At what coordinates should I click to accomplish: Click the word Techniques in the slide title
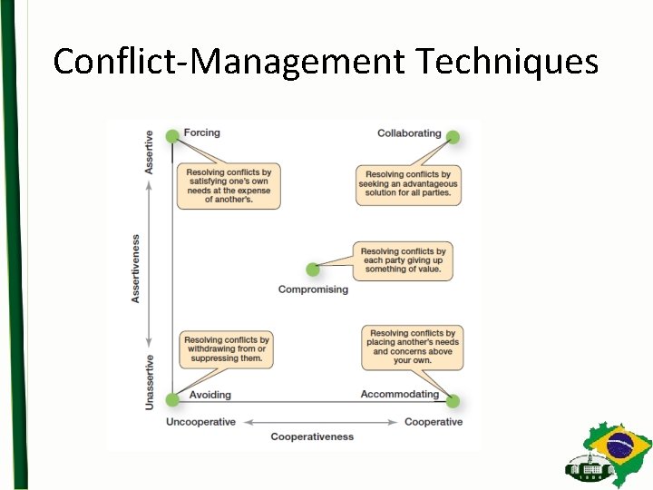pos(508,62)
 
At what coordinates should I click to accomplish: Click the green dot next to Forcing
pos(172,136)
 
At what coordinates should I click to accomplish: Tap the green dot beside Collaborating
pos(453,138)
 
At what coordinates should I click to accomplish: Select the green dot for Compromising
pos(313,269)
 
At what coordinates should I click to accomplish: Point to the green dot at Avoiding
pos(172,400)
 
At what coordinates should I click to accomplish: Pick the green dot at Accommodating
pos(453,401)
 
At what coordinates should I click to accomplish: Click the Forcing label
pos(201,132)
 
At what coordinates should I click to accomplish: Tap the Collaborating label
pos(409,133)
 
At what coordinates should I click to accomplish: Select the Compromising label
pos(313,289)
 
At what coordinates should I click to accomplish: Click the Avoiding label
pos(210,395)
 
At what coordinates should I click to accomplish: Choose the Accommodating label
pos(400,394)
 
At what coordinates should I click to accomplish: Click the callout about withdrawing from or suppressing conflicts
pos(227,349)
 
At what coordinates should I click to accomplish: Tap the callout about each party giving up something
pos(404,260)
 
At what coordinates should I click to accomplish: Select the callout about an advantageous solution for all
pos(408,184)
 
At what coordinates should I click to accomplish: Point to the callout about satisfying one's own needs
pos(229,186)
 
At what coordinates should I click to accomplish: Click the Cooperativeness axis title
pos(312,436)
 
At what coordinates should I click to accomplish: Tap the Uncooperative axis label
pos(200,422)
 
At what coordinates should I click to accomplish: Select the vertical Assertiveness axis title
pos(136,269)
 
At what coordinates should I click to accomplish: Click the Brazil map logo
pos(609,454)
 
